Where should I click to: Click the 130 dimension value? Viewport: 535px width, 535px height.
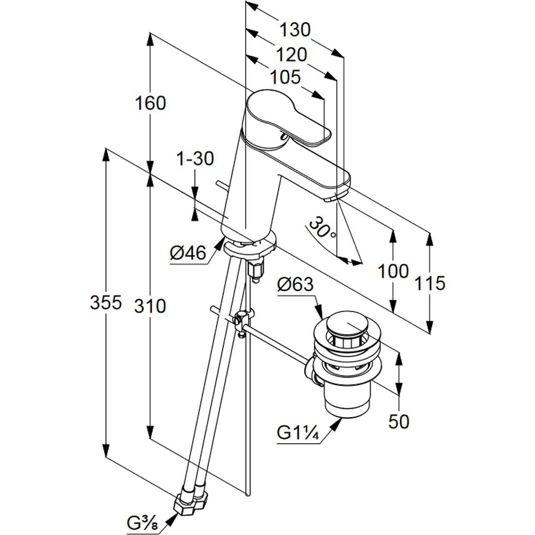tap(294, 30)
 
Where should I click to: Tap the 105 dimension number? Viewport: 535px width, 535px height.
tap(285, 78)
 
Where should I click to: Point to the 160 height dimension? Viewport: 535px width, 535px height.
tap(150, 103)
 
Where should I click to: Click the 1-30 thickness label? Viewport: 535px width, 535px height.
tap(195, 159)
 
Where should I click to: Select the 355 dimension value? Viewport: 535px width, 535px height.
tap(106, 303)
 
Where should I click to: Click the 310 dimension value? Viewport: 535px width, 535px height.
tap(150, 306)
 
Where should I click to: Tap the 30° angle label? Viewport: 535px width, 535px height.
tap(322, 228)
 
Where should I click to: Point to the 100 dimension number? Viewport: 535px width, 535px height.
tap(393, 271)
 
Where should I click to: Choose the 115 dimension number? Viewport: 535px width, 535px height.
tap(430, 283)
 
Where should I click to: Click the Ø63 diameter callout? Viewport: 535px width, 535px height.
tap(295, 284)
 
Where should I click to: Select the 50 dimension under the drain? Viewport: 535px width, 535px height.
tap(399, 421)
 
